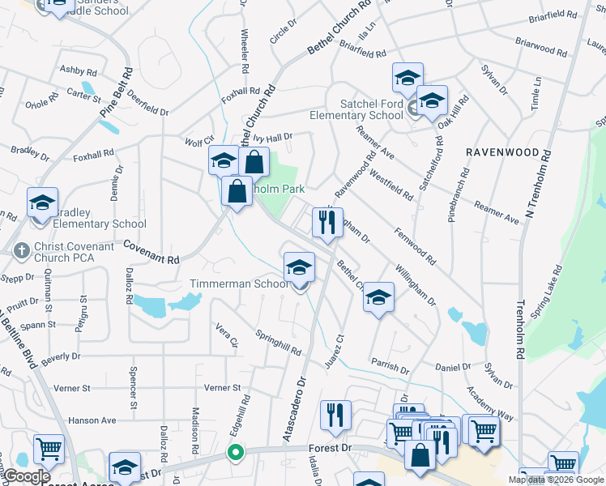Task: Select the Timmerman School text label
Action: [239, 283]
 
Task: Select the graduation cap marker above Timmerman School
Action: [299, 267]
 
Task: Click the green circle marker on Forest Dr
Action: [235, 452]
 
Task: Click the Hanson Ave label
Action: [92, 420]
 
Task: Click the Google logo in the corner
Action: [28, 476]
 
